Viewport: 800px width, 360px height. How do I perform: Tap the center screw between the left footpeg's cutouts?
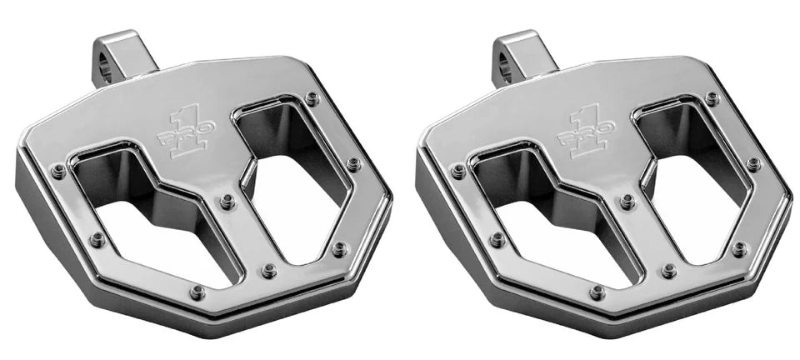(x=227, y=201)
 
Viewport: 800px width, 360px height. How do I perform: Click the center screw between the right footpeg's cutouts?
(x=627, y=201)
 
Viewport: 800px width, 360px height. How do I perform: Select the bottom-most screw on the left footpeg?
(x=197, y=292)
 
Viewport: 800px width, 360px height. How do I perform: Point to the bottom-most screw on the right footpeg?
(x=597, y=292)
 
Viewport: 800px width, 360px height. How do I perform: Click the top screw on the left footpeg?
(x=312, y=98)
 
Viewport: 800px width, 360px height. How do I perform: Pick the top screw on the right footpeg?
(x=712, y=98)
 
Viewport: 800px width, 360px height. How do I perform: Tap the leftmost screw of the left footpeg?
(x=58, y=171)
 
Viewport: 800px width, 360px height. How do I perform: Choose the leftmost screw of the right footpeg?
(x=458, y=171)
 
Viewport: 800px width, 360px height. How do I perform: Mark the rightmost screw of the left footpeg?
(x=354, y=164)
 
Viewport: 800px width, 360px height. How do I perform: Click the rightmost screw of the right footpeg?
(x=754, y=164)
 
